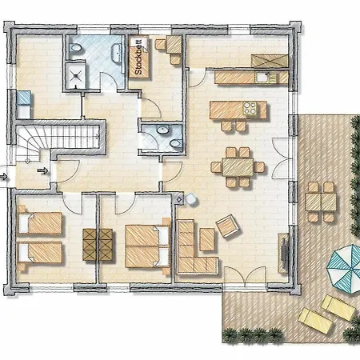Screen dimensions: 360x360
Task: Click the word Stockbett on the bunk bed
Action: [x=138, y=58]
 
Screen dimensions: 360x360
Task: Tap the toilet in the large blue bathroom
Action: [x=75, y=48]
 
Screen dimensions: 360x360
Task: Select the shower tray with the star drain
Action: [x=76, y=75]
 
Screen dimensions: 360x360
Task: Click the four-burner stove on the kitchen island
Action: [x=250, y=108]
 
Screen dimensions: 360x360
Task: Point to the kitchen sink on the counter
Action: [x=262, y=77]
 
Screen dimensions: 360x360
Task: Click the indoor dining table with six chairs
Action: [x=238, y=167]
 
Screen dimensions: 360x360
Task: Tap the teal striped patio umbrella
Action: [x=345, y=269]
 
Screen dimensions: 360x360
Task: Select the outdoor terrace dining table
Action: [x=321, y=202]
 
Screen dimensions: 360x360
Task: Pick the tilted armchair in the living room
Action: [x=229, y=226]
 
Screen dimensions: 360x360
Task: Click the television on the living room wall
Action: [x=285, y=253]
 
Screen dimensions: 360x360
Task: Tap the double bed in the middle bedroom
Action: [x=147, y=246]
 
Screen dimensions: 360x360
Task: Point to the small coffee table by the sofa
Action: [x=207, y=239]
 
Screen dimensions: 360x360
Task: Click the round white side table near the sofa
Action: [x=191, y=199]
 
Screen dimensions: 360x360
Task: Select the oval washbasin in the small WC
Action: [x=162, y=130]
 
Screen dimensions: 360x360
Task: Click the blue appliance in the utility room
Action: [x=24, y=98]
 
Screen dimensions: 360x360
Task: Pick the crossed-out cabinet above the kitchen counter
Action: [x=270, y=61]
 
